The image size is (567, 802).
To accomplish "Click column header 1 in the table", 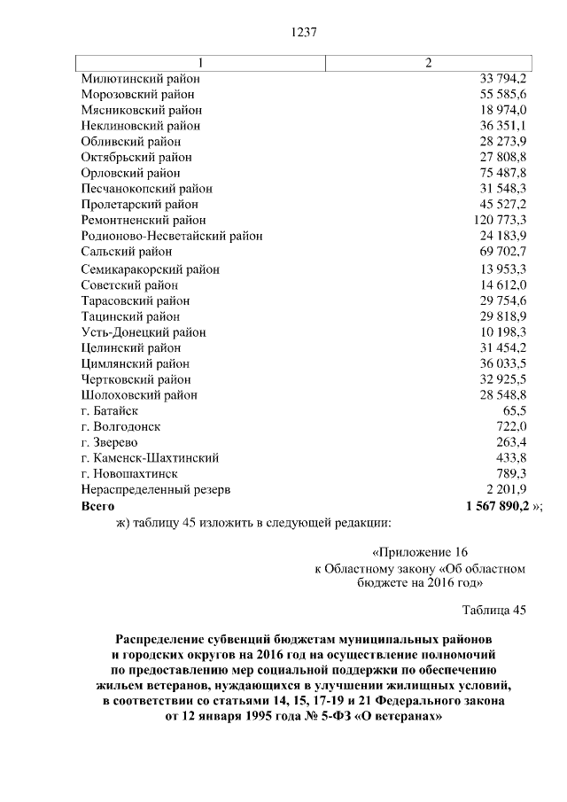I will pyautogui.click(x=200, y=63).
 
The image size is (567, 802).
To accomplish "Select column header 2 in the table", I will pyautogui.click(x=429, y=63).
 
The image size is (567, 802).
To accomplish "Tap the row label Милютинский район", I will pyautogui.click(x=138, y=79).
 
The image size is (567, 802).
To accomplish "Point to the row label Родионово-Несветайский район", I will pyautogui.click(x=171, y=236).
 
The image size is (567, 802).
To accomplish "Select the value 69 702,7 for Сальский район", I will pyautogui.click(x=504, y=252).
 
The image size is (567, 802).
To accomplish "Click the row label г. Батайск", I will pyautogui.click(x=109, y=411).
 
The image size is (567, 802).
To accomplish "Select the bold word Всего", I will pyautogui.click(x=97, y=505).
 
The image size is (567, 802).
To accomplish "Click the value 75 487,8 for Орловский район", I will pyautogui.click(x=504, y=173).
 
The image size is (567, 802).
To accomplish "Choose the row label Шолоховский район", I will pyautogui.click(x=138, y=395).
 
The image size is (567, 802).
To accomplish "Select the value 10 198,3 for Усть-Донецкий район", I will pyautogui.click(x=504, y=332).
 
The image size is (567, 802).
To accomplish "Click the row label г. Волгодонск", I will pyautogui.click(x=120, y=427).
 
